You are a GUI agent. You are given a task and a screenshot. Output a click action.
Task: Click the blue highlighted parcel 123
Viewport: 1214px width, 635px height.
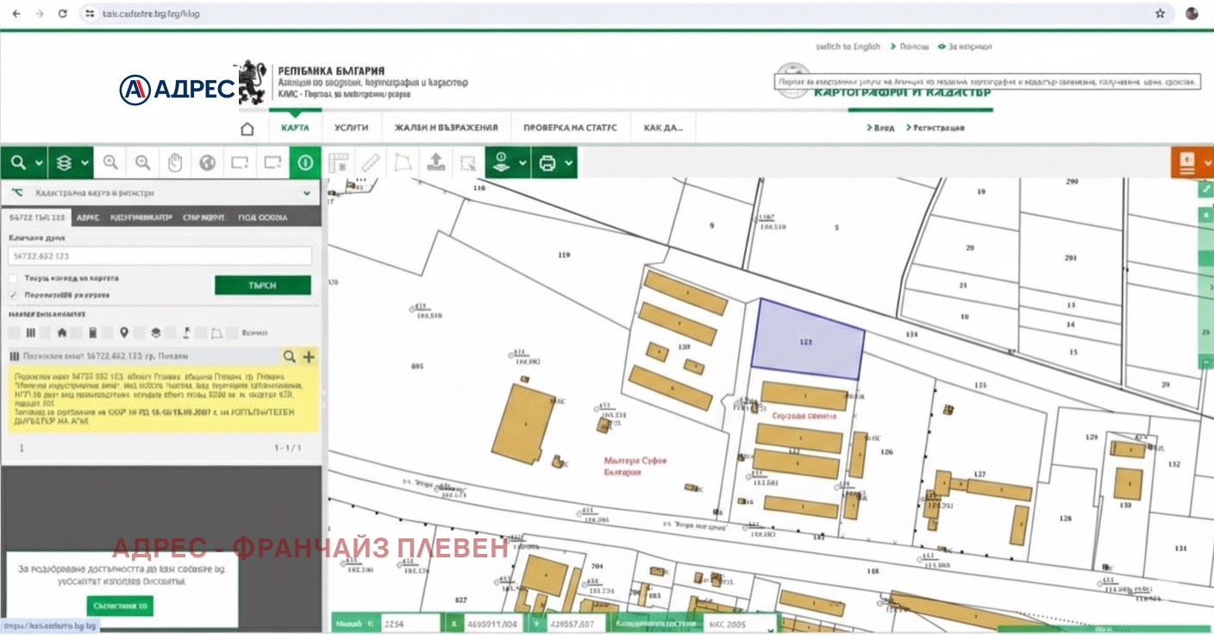(x=806, y=341)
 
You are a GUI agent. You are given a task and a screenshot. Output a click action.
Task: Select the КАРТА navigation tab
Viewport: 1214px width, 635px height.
(x=295, y=128)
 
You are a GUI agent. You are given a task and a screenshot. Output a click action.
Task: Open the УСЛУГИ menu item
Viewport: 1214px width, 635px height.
(x=351, y=128)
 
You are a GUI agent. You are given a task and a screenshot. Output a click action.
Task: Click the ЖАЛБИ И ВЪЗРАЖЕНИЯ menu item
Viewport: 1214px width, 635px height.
(x=446, y=128)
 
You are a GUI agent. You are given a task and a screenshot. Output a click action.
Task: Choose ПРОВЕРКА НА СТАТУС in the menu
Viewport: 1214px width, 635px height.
(x=570, y=128)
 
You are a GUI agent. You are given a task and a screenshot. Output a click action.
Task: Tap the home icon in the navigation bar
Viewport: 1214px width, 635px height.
(x=247, y=129)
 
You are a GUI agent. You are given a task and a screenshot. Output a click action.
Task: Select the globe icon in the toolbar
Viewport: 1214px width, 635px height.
(x=207, y=162)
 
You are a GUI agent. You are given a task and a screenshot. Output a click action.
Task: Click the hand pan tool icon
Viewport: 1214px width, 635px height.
(x=175, y=162)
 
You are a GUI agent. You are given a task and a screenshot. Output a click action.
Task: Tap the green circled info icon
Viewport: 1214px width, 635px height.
(x=304, y=162)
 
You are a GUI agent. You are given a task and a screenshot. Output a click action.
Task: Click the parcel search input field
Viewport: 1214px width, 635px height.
(x=160, y=256)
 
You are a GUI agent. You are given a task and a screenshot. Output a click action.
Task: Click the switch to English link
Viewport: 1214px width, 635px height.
(x=848, y=47)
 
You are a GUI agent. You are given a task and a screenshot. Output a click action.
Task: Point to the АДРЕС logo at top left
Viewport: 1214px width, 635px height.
(x=178, y=89)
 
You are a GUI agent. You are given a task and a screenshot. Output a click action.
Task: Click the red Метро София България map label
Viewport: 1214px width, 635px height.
(x=635, y=467)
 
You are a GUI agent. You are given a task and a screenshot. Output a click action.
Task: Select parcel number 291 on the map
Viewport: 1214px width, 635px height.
(x=1071, y=258)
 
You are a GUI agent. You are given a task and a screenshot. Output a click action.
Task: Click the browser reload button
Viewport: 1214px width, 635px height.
(x=62, y=14)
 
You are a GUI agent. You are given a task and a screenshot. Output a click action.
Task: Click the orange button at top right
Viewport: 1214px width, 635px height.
(x=1191, y=162)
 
